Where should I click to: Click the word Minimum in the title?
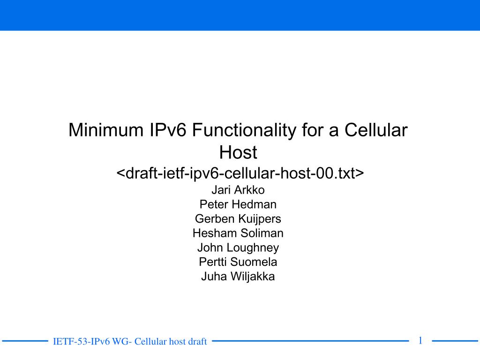pos(106,130)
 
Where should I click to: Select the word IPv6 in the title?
pos(168,130)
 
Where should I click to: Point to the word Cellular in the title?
pos(376,130)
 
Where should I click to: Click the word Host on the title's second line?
pos(238,152)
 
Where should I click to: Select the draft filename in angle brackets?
pos(240,173)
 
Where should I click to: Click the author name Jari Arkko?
pos(238,190)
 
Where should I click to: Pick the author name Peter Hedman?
pos(238,204)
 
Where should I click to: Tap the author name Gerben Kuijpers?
pos(238,219)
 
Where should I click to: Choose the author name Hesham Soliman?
pos(238,233)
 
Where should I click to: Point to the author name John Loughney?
pos(238,248)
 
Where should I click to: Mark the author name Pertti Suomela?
pos(238,262)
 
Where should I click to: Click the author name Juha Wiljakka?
pos(238,277)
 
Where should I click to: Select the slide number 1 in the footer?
pos(420,340)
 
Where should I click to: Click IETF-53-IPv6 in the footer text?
pos(82,341)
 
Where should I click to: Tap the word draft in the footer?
pos(197,341)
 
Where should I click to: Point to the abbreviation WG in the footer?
pos(120,341)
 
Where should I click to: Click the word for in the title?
pos(313,130)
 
